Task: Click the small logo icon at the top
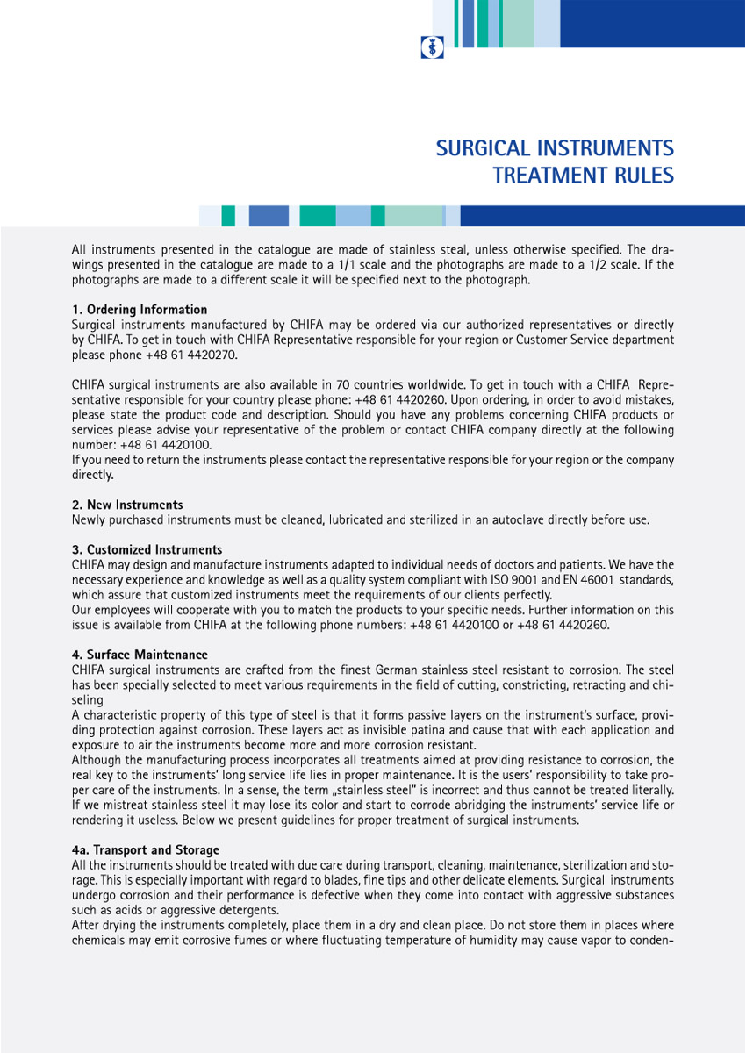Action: pyautogui.click(x=432, y=47)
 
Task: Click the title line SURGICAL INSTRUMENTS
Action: pyautogui.click(x=555, y=147)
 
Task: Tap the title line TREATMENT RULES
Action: pyautogui.click(x=583, y=175)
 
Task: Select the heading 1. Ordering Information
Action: pyautogui.click(x=140, y=310)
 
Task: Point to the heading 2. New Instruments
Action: pyautogui.click(x=127, y=505)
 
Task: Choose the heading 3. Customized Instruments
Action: pyautogui.click(x=147, y=550)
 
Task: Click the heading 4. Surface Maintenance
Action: pyautogui.click(x=140, y=655)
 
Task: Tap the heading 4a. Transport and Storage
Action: pyautogui.click(x=146, y=850)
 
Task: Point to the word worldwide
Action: pyautogui.click(x=412, y=385)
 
